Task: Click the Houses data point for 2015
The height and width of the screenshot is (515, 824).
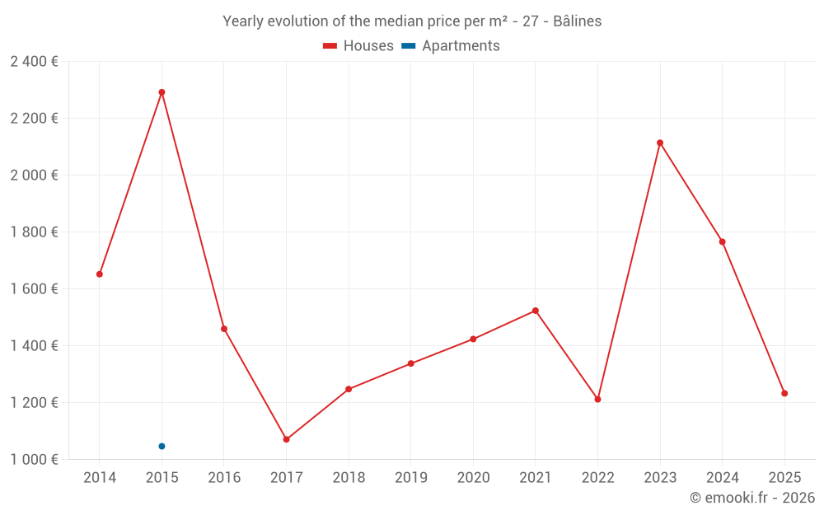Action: (162, 92)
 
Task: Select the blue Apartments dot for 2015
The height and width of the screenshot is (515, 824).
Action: (162, 446)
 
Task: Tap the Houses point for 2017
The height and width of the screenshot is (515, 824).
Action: (287, 439)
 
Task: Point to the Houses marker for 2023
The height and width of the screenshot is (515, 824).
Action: (660, 143)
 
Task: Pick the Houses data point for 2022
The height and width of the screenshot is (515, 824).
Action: (597, 400)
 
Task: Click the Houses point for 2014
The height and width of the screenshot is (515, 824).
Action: (100, 274)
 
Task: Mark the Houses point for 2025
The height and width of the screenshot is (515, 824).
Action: (784, 393)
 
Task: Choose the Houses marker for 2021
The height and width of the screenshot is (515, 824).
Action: (536, 311)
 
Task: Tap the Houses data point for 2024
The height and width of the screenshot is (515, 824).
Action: (723, 241)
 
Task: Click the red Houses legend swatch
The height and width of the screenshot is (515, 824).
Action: (330, 46)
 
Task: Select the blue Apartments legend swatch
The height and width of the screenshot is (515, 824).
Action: (409, 46)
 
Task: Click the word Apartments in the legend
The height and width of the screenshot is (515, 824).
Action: (461, 46)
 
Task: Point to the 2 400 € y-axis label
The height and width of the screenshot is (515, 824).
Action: (34, 62)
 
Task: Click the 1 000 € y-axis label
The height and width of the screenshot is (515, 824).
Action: (34, 459)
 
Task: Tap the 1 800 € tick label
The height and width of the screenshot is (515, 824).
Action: (34, 232)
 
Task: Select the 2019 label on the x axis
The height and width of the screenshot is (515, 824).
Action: (411, 477)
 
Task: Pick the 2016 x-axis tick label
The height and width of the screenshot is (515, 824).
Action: (224, 477)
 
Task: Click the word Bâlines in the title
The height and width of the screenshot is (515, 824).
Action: (578, 21)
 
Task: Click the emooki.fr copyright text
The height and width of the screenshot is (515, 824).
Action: (752, 497)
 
